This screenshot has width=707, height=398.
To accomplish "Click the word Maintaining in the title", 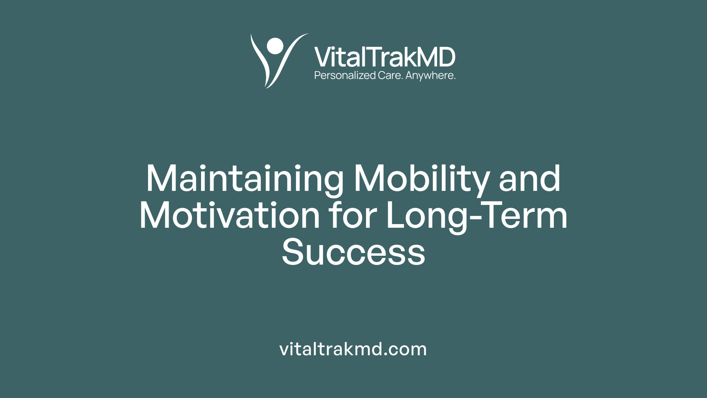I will [245, 179].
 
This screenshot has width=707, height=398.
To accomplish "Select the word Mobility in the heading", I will [422, 179].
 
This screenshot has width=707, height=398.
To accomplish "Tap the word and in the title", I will [530, 179].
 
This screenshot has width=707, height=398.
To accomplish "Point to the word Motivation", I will [229, 216].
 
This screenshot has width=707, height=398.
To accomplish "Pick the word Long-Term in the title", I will [476, 216].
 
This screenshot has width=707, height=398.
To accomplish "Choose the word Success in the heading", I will [353, 253].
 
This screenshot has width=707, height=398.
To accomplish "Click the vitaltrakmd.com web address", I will [353, 349].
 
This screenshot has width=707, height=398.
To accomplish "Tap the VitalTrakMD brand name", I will [385, 57].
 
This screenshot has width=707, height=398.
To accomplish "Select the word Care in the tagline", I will [390, 76].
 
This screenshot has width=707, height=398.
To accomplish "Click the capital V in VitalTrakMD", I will [323, 57].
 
